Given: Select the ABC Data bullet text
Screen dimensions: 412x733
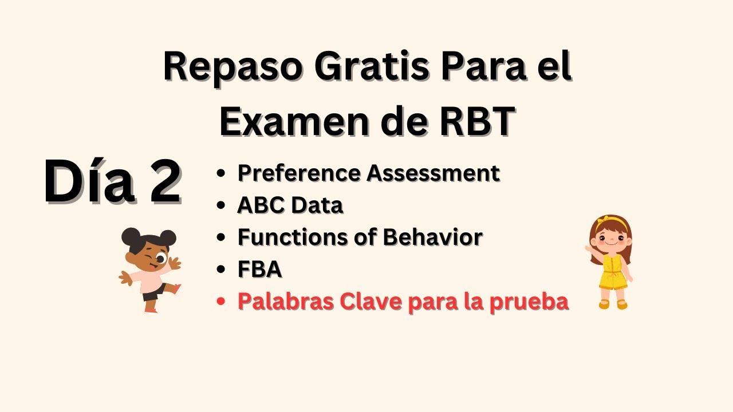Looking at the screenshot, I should (x=290, y=204).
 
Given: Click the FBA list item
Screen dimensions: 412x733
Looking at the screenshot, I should (x=259, y=269).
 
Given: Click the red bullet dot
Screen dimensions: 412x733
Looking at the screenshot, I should (x=221, y=302).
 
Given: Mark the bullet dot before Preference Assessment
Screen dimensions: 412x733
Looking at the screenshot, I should (x=221, y=173).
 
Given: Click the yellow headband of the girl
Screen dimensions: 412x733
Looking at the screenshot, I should (x=611, y=222).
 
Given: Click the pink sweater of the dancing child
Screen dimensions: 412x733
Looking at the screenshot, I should (x=148, y=278).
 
